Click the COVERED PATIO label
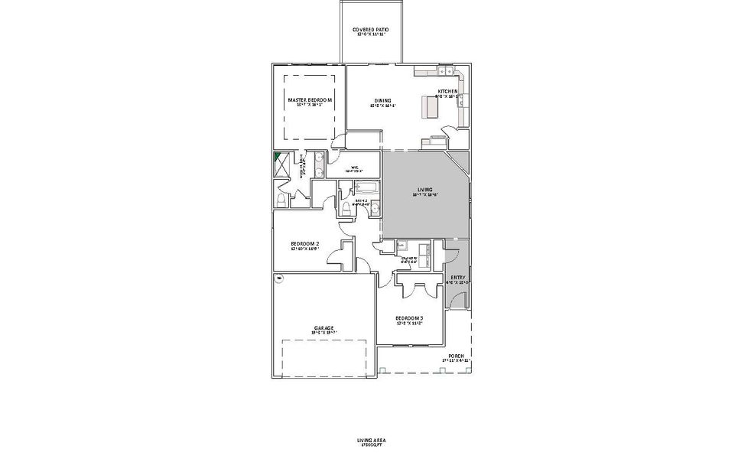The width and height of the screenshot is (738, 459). click(x=370, y=31)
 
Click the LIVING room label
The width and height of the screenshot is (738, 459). click(x=425, y=190)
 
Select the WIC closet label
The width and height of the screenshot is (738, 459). click(x=355, y=168)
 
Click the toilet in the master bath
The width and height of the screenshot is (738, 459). click(x=281, y=200)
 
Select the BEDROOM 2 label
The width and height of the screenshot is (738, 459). click(x=304, y=246)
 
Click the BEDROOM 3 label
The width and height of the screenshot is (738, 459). click(x=409, y=320)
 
